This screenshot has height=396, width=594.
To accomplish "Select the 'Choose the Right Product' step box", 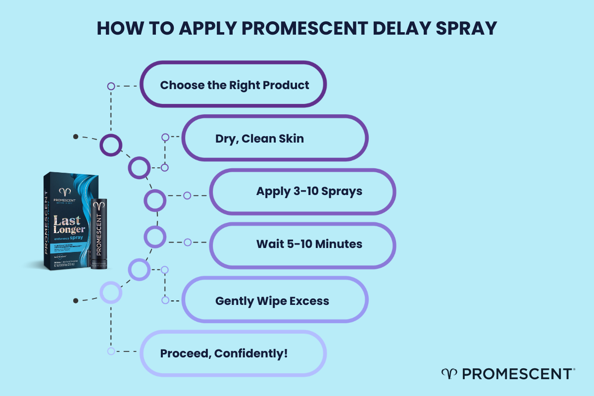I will (x=234, y=85).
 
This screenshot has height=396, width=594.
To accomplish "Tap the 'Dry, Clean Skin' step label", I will (x=259, y=139).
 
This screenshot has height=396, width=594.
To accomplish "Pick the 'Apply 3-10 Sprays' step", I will (x=309, y=191).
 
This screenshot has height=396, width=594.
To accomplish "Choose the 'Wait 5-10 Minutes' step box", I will (x=309, y=244).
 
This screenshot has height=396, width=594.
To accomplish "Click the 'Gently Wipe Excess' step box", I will (x=272, y=300).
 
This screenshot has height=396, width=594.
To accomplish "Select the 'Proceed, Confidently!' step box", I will (x=224, y=353).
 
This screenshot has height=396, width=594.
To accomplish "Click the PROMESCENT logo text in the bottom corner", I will (x=515, y=374).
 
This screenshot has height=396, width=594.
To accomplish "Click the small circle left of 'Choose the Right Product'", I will (x=111, y=86).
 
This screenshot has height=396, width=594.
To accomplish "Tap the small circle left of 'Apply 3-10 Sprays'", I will (x=187, y=196).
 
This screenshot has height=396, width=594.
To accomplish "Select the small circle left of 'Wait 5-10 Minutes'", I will (x=187, y=243).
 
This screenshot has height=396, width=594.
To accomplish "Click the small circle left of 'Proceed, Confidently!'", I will (x=111, y=351).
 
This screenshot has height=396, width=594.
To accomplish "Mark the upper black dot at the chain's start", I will (x=75, y=136).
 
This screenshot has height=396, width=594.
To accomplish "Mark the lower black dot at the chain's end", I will (x=75, y=300).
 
